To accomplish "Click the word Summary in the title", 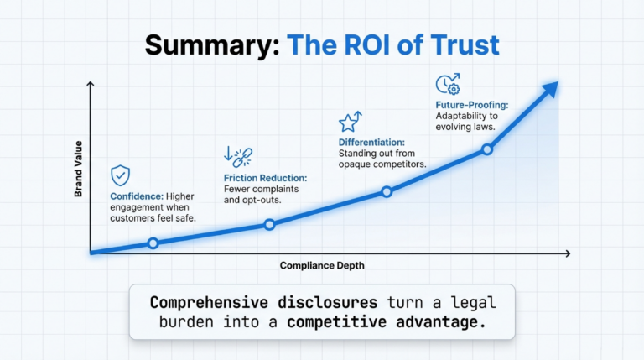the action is point(212,45).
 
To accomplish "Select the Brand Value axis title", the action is point(78,169).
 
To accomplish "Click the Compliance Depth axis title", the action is point(322,265).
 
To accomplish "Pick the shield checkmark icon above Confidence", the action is point(121,175).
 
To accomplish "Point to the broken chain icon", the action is point(238,157).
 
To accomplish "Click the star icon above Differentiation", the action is point(351,121).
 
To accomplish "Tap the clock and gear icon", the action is point(448,84).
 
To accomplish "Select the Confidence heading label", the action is point(137,196).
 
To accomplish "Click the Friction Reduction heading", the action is point(265,178).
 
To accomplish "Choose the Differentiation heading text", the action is point(371,142).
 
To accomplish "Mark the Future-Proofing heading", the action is point(472,105).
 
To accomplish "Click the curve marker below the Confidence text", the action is point(153,243).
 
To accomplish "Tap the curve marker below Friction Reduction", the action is point(269,224).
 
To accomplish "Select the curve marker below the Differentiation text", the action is point(387,191).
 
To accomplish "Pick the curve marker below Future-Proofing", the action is point(487,149).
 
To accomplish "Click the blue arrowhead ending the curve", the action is point(551,89).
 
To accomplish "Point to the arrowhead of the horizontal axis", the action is point(568,253).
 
